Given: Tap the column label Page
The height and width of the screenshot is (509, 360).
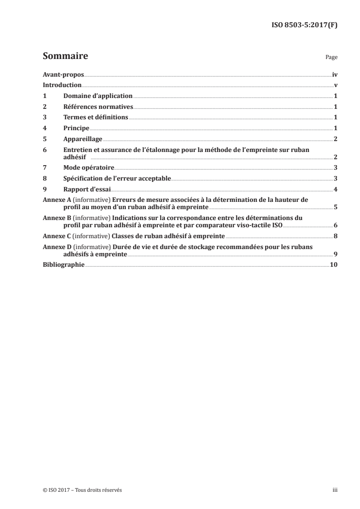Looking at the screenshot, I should (x=331, y=58).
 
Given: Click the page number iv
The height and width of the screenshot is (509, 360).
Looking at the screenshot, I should (x=335, y=74).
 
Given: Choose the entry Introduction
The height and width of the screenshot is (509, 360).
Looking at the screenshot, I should (x=62, y=85).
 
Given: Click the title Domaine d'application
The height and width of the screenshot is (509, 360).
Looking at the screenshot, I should (x=98, y=96).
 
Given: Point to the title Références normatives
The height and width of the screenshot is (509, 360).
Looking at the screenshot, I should (x=98, y=107).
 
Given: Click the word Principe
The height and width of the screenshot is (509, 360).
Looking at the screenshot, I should (x=76, y=128).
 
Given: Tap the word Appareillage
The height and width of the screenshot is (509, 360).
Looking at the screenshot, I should (x=83, y=139).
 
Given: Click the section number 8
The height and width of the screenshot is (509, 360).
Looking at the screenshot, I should (x=44, y=179).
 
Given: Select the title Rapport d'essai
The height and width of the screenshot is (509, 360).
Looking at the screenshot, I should (x=85, y=189).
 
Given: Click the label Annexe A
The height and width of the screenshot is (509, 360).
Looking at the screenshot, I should (x=54, y=200).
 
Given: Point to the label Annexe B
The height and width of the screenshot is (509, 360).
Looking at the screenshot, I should (x=54, y=218).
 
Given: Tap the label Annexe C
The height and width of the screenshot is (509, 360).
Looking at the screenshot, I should (x=54, y=236).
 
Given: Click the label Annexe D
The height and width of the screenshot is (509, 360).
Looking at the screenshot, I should (x=54, y=247).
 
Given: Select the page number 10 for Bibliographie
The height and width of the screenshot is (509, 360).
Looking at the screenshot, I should (x=333, y=264).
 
